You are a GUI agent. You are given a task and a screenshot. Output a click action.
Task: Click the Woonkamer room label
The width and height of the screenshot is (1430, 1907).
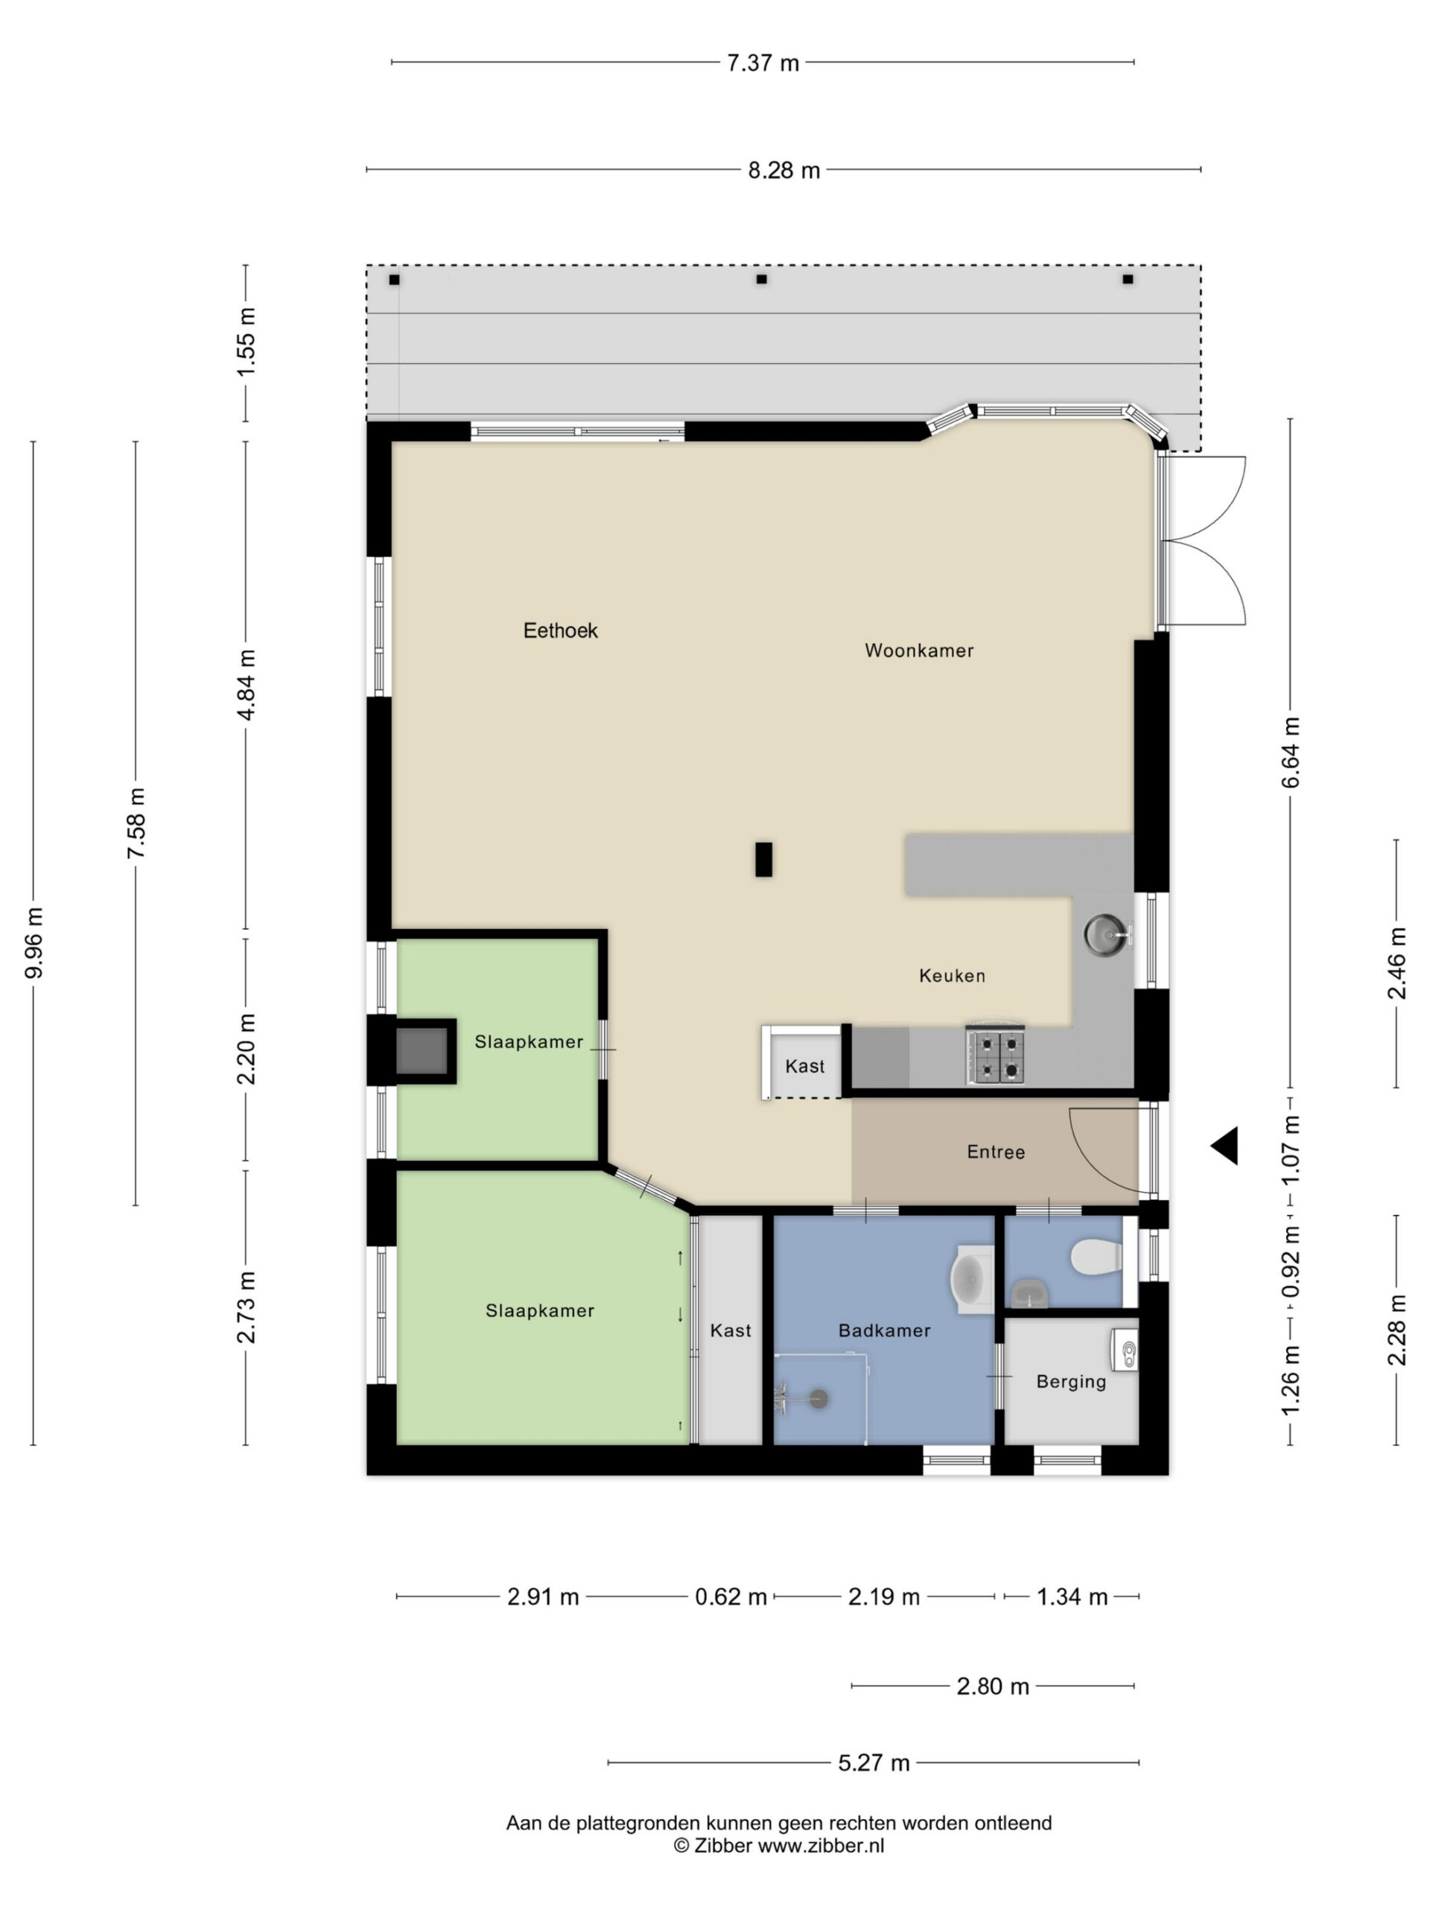919,651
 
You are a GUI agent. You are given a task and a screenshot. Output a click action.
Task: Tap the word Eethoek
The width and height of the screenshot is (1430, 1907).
560,630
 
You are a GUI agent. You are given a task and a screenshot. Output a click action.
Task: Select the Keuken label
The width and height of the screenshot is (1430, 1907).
952,976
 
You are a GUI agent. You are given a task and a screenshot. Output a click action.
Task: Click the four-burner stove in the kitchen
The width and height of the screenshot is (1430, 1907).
996,1057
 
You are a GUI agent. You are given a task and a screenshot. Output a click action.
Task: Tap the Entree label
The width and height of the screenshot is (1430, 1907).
996,1152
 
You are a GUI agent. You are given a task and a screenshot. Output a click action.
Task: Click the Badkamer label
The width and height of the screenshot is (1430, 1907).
884,1330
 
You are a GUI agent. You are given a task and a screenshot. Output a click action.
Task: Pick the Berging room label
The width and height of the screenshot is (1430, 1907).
1070,1381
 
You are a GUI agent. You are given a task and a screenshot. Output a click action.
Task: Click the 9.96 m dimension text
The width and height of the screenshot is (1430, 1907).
34,943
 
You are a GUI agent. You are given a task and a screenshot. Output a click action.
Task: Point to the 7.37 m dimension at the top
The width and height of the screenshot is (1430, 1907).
763,63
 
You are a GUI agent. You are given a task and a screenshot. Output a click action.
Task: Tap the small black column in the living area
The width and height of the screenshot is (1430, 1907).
763,860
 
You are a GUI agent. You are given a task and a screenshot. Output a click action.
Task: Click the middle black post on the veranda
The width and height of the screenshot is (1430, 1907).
761,279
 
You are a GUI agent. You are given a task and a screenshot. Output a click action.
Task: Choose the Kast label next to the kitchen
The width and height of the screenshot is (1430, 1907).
805,1067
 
